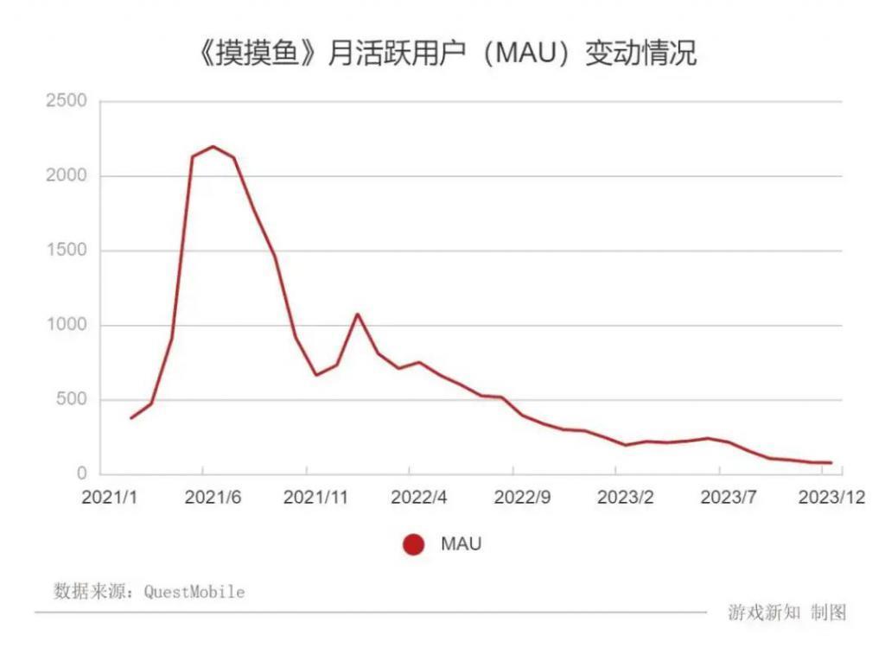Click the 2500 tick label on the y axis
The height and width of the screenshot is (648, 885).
click(x=66, y=101)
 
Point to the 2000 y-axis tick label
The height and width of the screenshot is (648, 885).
click(x=66, y=176)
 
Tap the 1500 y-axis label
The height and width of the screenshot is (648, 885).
click(x=66, y=251)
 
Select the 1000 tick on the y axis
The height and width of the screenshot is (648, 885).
click(x=66, y=325)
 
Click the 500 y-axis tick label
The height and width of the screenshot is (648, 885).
click(x=71, y=399)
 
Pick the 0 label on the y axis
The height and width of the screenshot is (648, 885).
click(x=82, y=473)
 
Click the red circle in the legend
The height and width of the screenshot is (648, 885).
click(x=414, y=544)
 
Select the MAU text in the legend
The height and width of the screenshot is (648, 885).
click(x=461, y=544)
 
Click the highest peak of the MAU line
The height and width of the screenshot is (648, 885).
click(x=213, y=147)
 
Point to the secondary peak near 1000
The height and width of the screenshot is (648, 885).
click(x=357, y=314)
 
